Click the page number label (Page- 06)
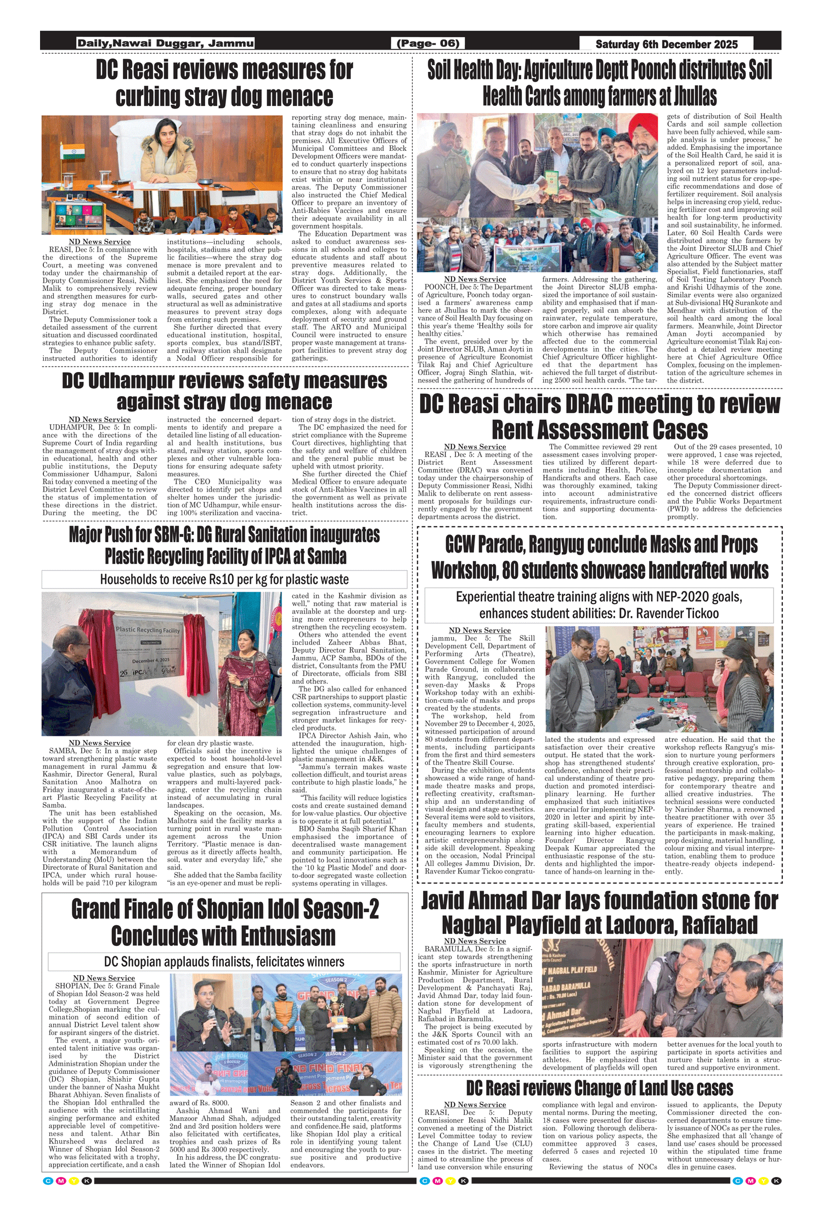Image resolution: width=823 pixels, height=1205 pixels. coord(428,43)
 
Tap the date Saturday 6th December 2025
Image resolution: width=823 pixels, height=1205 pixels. coord(666,44)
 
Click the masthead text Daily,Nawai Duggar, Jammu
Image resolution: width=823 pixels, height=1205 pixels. coord(165,43)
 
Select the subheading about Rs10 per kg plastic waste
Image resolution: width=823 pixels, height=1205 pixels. coord(224,579)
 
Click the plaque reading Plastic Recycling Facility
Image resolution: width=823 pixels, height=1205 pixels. coord(148,630)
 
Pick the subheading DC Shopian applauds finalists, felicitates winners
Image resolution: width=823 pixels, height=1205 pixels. coord(224,977)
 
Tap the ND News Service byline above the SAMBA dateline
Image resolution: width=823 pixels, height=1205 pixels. coord(100,742)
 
